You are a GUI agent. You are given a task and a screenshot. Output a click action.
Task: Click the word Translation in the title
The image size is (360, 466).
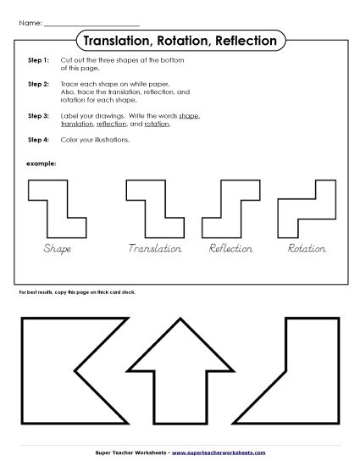pos(114,40)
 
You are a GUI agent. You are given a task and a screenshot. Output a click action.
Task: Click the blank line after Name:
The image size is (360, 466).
pos(91,22)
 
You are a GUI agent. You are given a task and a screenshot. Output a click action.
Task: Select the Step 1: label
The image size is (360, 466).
pos(38,62)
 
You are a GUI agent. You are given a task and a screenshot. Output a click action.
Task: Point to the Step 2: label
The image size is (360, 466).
pos(38,85)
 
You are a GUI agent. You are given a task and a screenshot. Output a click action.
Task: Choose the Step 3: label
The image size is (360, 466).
pos(38,115)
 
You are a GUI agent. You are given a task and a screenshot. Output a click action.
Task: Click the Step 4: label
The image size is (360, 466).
pos(38,139)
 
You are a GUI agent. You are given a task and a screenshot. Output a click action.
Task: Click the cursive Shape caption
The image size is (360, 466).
pos(57,248)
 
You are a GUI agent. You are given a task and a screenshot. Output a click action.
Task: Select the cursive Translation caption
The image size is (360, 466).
pos(155,248)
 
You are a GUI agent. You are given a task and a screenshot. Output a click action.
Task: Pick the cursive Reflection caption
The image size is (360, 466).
pos(231,248)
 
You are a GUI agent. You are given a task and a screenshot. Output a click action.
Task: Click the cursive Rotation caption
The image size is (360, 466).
pos(307,248)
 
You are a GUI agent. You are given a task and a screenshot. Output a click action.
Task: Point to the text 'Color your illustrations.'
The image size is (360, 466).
pos(95,139)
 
